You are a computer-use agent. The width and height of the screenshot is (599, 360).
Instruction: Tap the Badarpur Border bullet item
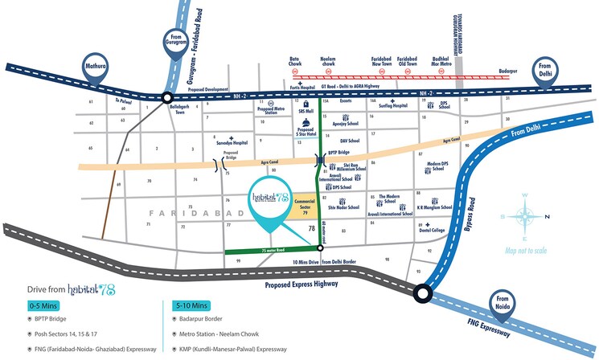199,319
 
